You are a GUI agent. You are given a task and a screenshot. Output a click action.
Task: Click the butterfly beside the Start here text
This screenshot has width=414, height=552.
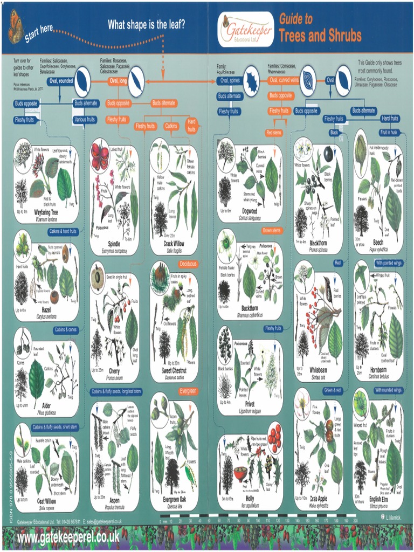coord(16,26)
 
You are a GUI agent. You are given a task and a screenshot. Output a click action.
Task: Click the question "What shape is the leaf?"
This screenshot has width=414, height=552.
coord(147,24)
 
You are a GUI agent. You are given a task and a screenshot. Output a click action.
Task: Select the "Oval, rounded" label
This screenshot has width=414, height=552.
coord(61,81)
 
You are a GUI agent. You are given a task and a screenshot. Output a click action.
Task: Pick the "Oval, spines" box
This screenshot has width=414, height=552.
coord(230,81)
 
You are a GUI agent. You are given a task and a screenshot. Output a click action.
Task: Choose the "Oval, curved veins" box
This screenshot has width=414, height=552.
coord(284,81)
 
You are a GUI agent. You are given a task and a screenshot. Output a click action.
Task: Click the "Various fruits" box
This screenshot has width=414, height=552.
coord(85,119)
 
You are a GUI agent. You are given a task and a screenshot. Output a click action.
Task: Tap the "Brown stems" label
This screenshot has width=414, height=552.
coord(272,230)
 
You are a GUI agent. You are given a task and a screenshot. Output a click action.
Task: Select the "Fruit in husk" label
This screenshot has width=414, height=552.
coord(388,132)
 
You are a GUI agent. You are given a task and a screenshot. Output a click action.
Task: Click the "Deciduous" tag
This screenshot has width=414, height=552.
coord(188,264)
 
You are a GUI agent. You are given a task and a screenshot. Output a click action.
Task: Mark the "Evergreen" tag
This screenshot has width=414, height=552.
coord(188,390)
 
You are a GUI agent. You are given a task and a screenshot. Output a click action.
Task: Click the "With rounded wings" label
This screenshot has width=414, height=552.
coord(389,390)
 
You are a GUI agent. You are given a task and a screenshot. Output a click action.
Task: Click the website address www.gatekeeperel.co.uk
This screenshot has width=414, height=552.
coord(68,537)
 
